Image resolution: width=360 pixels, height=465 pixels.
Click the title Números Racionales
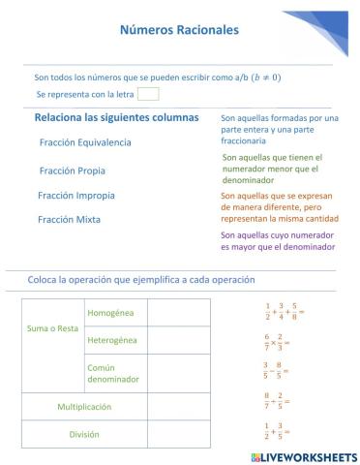(x=179, y=30)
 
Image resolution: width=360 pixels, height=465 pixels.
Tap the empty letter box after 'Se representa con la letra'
(x=148, y=94)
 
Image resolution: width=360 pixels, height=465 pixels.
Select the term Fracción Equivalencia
(x=85, y=141)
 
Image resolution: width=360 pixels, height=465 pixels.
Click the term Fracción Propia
(x=73, y=170)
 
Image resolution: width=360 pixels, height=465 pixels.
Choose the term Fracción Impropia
(x=76, y=195)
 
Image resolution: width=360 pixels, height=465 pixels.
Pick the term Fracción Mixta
(x=69, y=220)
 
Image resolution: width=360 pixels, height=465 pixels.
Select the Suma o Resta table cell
(x=52, y=327)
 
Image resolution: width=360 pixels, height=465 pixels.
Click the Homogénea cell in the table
(x=111, y=313)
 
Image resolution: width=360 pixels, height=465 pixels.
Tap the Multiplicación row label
(x=83, y=406)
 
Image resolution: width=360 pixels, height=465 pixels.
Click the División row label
(x=83, y=434)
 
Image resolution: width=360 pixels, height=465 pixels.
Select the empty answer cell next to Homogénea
(x=178, y=313)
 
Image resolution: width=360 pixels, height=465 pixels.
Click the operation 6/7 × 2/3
(x=277, y=342)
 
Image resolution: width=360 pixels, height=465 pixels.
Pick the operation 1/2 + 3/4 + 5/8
(x=285, y=312)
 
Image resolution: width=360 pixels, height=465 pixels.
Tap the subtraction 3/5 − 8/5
(x=277, y=370)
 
